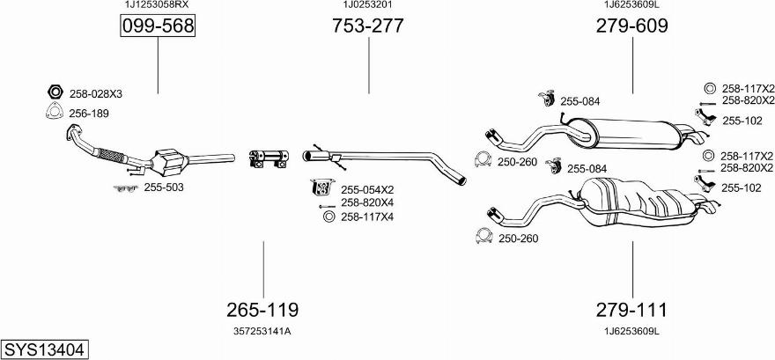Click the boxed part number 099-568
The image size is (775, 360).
point(157,27)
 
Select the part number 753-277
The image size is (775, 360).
point(368,26)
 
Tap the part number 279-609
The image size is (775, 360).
point(631,26)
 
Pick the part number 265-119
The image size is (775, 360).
point(262,310)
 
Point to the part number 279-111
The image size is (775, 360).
point(631,310)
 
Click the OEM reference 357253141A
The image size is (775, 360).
point(262,331)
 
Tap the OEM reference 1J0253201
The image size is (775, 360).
point(367,5)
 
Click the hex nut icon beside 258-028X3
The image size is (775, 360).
point(53,92)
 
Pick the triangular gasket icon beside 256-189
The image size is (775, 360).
point(53,112)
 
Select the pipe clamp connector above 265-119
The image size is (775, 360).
point(268,158)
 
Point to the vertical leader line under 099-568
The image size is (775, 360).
point(158,66)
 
